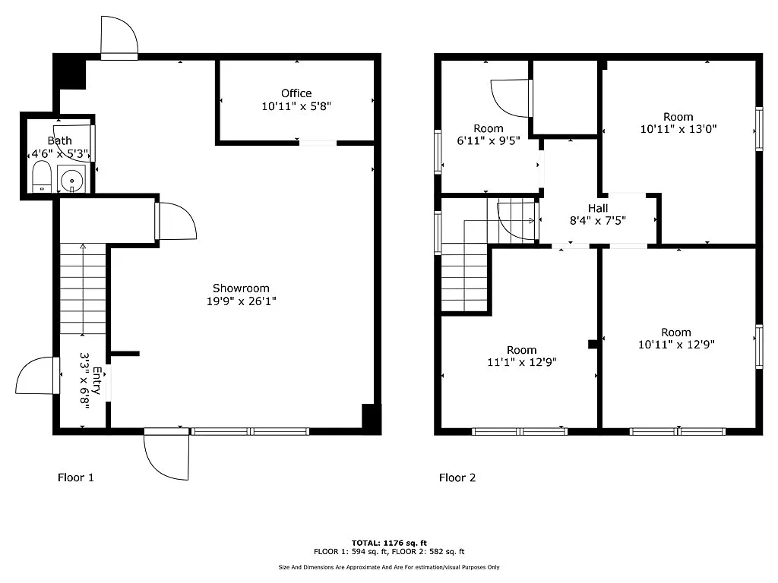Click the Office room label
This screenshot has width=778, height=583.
click(296, 93)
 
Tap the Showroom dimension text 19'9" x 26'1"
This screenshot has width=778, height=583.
click(241, 301)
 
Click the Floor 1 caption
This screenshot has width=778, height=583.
click(76, 477)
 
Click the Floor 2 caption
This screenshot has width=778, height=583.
click(457, 477)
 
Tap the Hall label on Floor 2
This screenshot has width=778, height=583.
click(598, 208)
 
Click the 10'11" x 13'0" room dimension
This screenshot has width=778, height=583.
click(678, 129)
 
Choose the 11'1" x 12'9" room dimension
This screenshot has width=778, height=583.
click(522, 362)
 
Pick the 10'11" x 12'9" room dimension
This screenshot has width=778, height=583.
click(676, 344)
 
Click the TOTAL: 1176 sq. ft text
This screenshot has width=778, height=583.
click(388, 543)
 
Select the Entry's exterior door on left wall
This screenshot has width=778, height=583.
click(36, 376)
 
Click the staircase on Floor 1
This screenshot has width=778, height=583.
click(83, 288)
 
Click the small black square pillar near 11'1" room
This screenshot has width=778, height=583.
click(593, 344)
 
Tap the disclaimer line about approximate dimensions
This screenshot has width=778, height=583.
click(388, 567)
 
